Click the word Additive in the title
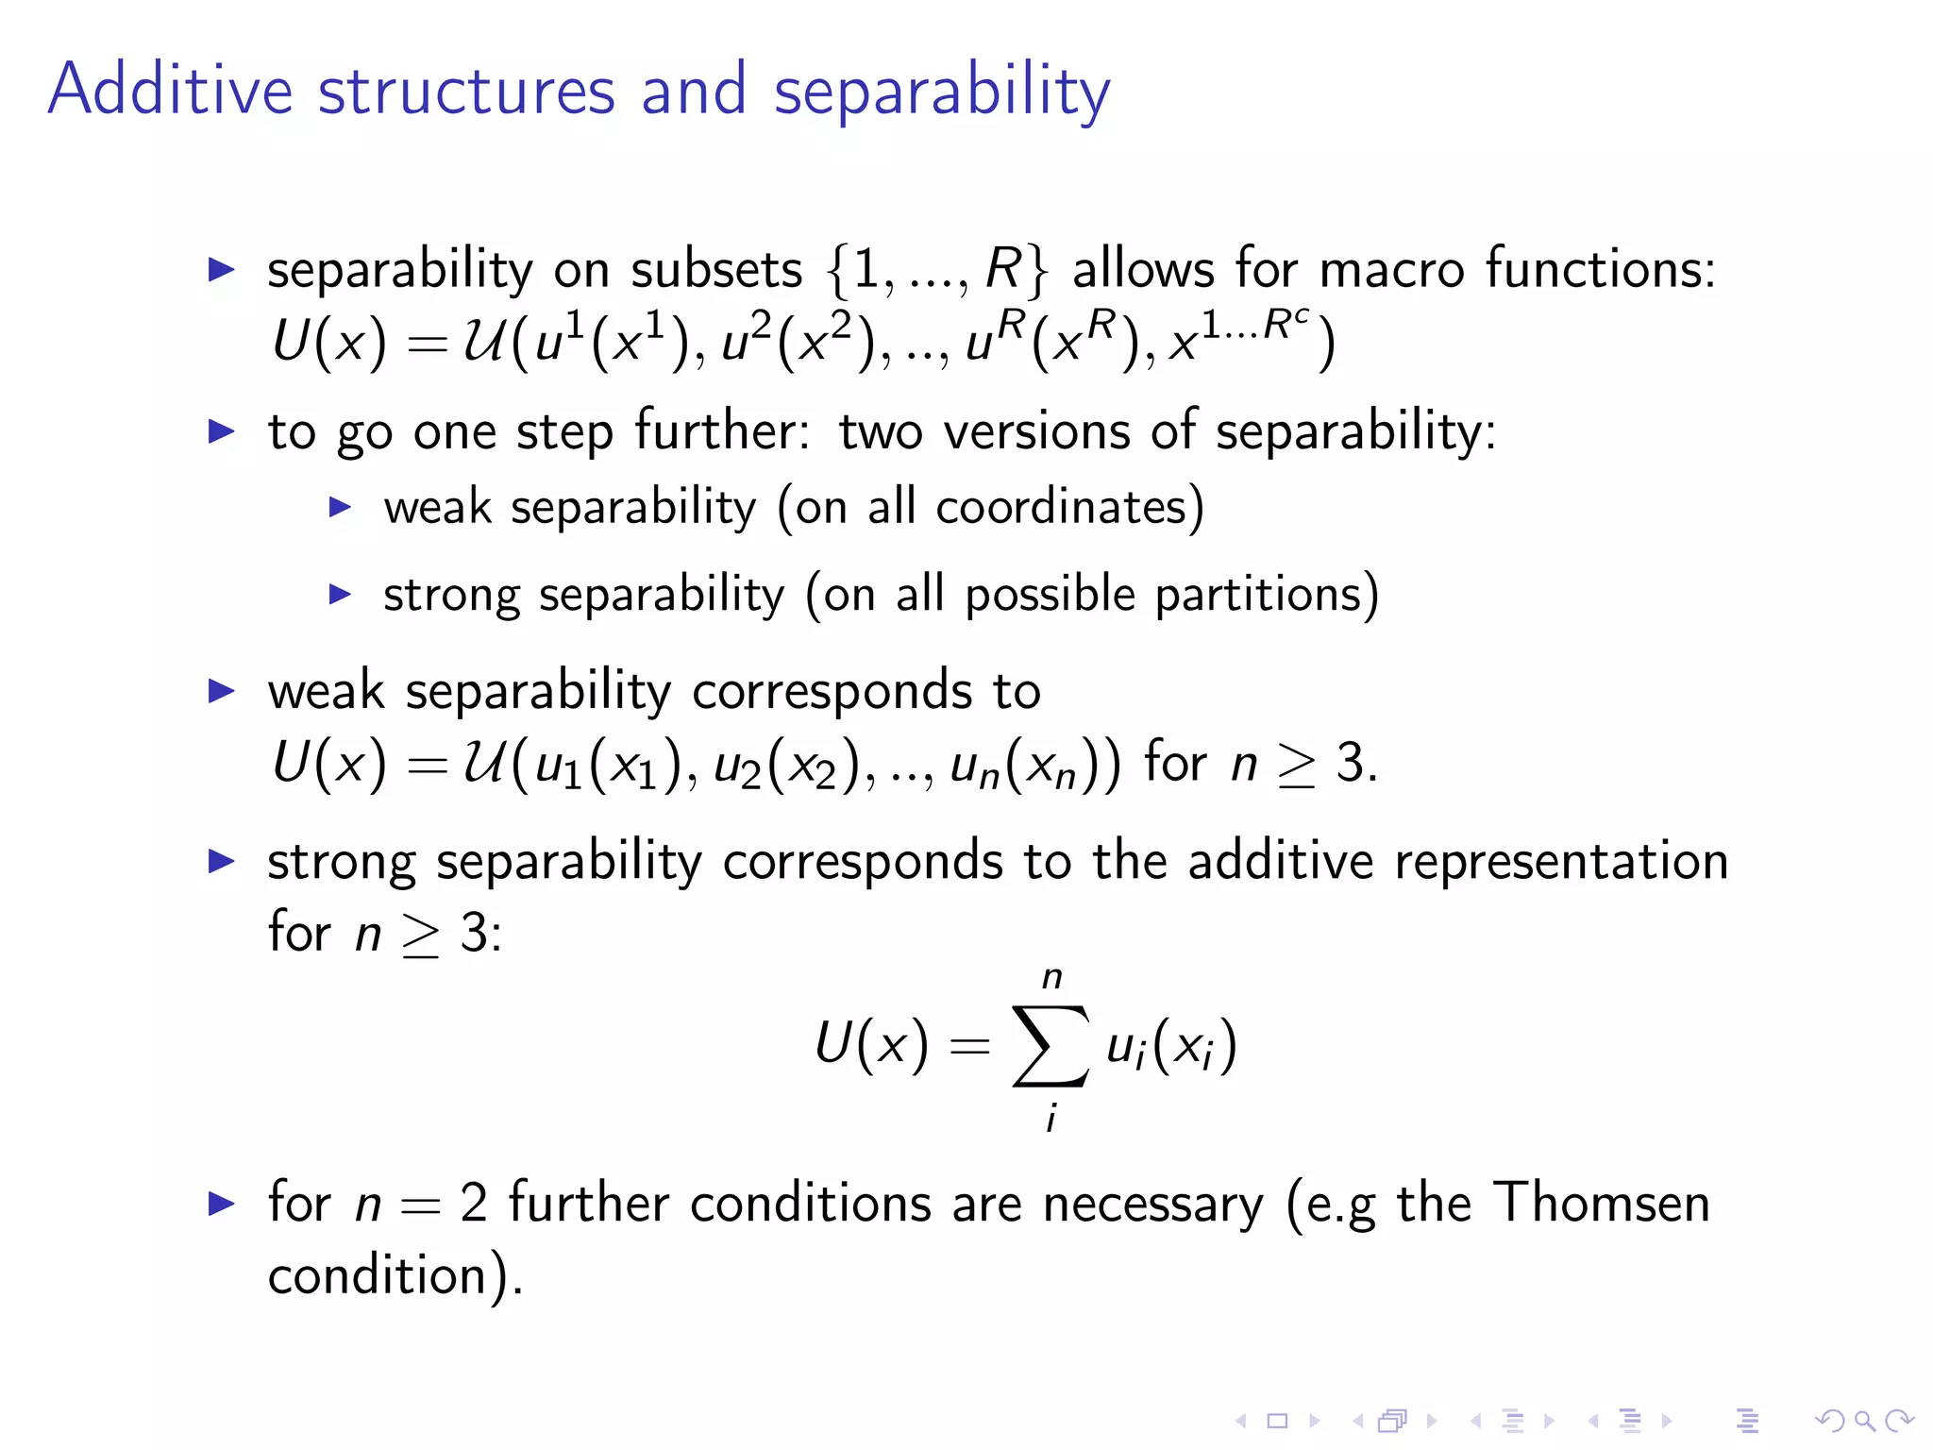(170, 90)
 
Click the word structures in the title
(466, 92)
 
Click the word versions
(1037, 432)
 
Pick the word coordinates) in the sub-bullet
(1069, 508)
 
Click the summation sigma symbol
(1051, 1046)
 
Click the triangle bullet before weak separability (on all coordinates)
(340, 508)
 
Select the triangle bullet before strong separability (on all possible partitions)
(340, 595)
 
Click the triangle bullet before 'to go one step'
(221, 432)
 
